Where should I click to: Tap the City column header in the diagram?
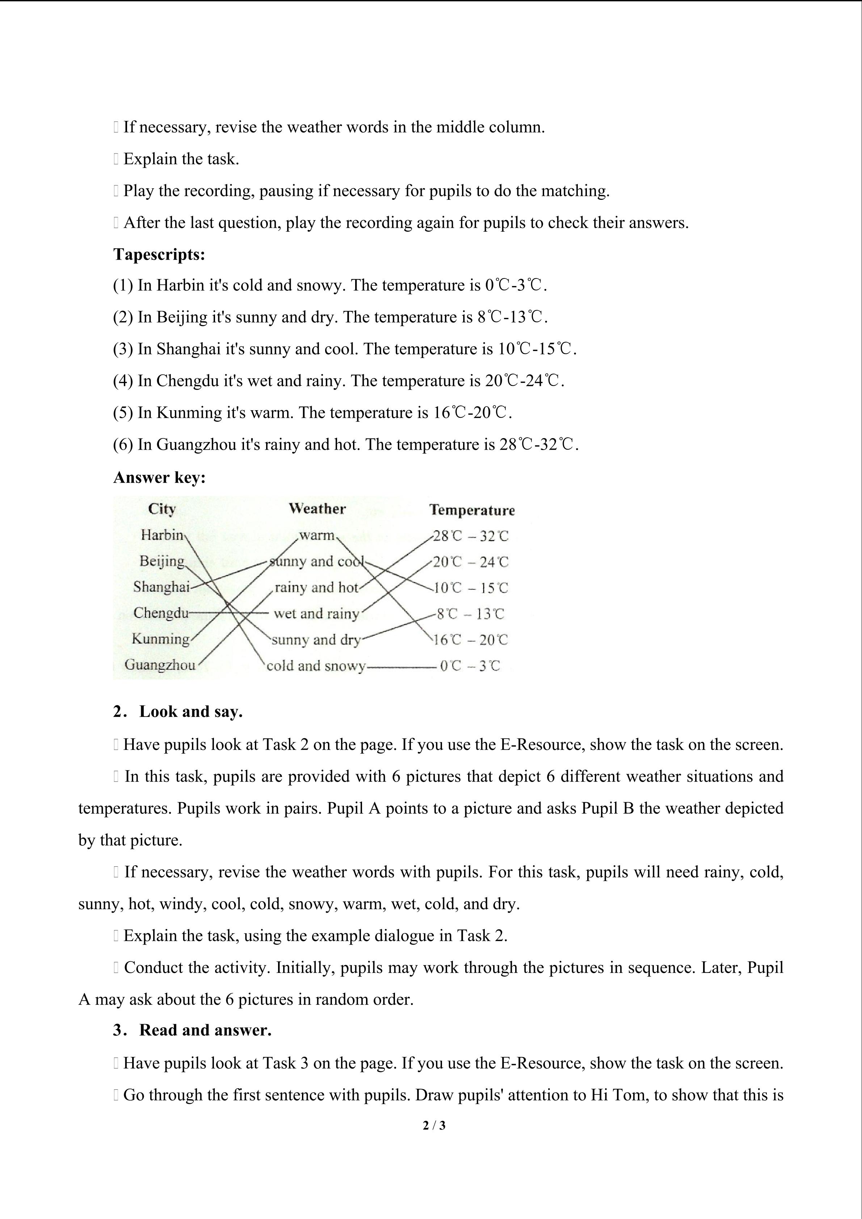pos(161,509)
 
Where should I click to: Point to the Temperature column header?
pos(472,510)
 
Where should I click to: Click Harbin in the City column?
pos(162,535)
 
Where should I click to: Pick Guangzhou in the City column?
pos(160,665)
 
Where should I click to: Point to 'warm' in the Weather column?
pos(317,535)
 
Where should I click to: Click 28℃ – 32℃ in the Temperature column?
pos(470,536)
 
